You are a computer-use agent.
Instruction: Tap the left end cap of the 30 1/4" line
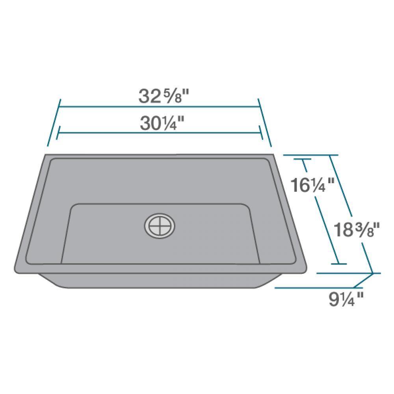click(x=58, y=133)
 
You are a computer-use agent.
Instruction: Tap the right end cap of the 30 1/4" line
click(x=261, y=133)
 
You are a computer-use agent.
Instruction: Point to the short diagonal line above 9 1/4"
click(x=363, y=280)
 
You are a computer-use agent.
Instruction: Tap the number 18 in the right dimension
click(x=342, y=230)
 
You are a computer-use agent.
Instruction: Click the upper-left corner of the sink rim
click(x=46, y=155)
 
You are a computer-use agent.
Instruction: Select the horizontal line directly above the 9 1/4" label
click(x=314, y=288)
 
